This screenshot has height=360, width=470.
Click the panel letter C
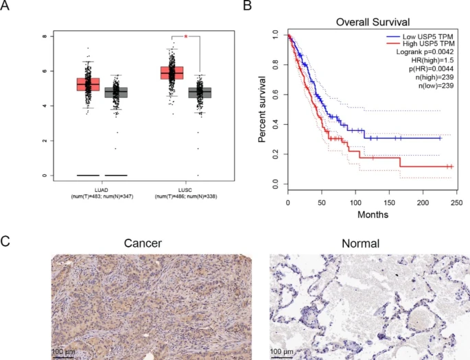click(7, 241)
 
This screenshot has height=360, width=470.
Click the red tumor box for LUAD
click(88, 84)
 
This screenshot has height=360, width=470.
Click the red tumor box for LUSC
click(172, 72)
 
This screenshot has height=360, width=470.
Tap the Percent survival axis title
click(262, 108)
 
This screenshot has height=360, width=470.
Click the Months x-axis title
click(373, 214)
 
